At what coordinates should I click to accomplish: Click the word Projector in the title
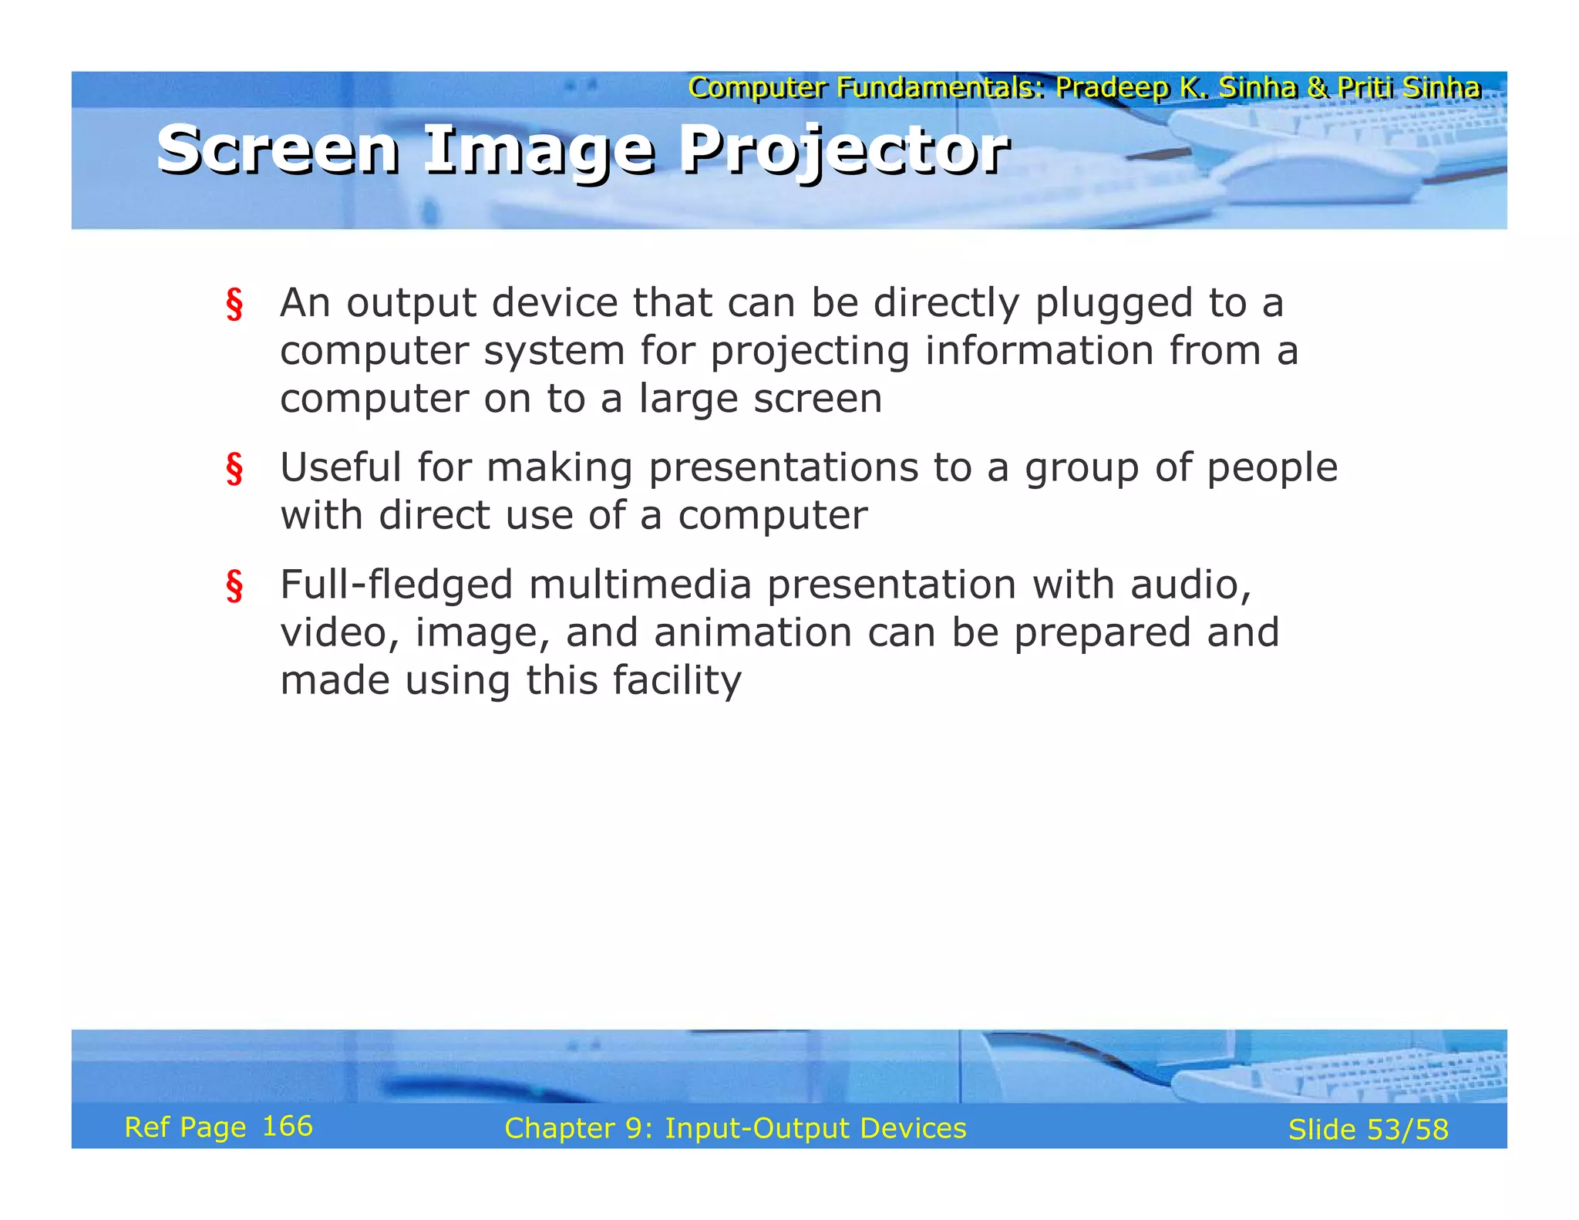(843, 150)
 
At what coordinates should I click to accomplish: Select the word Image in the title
(539, 150)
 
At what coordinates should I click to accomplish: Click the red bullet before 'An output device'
(234, 304)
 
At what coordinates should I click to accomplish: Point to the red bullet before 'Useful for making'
(234, 469)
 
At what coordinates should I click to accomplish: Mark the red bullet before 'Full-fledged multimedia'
(234, 586)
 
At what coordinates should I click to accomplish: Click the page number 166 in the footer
(288, 1126)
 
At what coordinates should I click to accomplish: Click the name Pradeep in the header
(1113, 88)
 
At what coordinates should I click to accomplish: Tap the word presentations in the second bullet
(783, 467)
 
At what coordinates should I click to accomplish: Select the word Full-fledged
(396, 585)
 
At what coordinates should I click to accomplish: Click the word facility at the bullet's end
(676, 680)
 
